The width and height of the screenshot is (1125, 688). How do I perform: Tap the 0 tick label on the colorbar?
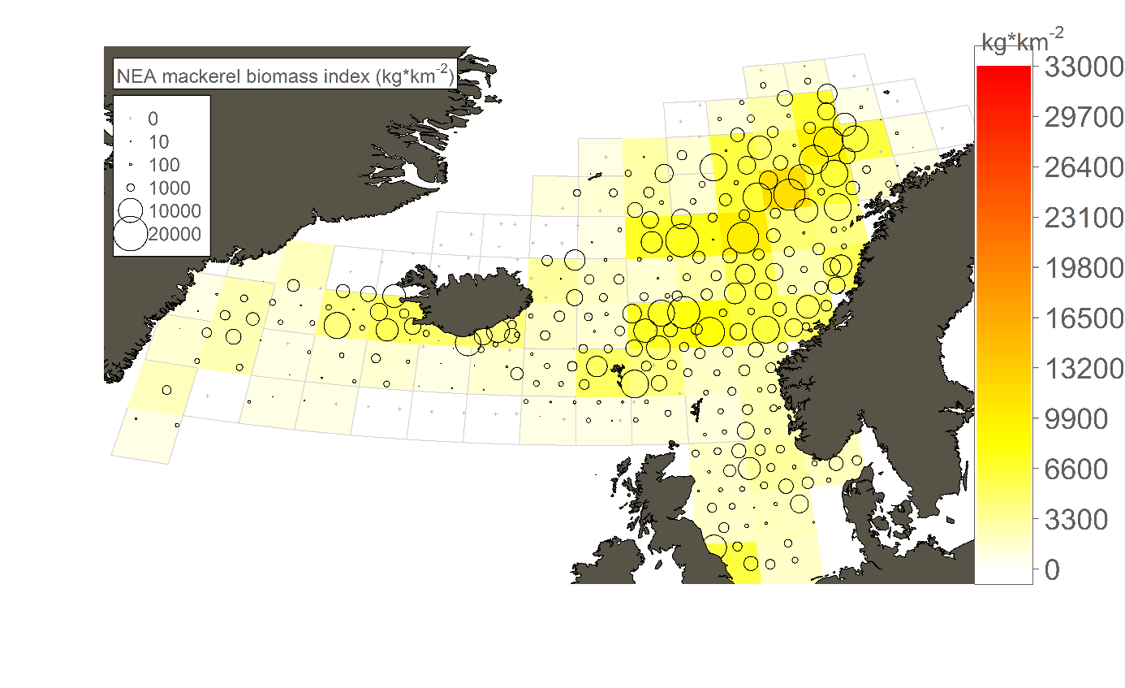1053,571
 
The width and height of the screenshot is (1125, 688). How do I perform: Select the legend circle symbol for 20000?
130,235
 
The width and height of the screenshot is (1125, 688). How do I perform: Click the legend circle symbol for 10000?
130,211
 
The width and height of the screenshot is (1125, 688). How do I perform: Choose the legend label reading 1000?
170,188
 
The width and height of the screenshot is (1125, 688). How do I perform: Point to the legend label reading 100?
164,165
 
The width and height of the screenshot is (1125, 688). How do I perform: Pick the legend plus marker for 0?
130,119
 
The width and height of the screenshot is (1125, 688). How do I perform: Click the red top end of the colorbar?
1003,73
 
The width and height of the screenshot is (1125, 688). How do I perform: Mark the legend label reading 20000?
175,235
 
